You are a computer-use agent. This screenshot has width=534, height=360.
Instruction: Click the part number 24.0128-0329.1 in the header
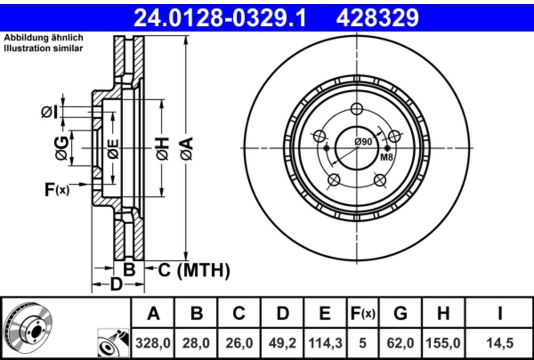[220, 18]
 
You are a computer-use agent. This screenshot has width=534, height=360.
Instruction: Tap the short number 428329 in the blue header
[378, 18]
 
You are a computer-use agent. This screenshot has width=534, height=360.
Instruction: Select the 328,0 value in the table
[153, 343]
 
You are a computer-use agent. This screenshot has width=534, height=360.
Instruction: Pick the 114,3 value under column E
[325, 343]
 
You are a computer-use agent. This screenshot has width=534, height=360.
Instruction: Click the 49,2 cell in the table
[282, 343]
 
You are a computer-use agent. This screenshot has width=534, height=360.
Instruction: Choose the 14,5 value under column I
[500, 343]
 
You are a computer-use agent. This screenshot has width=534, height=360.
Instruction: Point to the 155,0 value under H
[443, 343]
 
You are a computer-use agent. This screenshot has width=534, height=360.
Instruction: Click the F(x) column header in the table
[363, 313]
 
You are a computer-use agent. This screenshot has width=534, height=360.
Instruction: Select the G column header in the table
[400, 313]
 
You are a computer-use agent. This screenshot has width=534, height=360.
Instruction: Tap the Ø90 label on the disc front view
[363, 142]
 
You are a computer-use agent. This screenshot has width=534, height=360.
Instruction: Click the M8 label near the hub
[386, 158]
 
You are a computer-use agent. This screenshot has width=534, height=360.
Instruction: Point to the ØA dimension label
[186, 148]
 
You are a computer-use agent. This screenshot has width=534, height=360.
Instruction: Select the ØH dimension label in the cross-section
[162, 149]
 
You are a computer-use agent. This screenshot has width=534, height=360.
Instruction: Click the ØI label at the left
[49, 112]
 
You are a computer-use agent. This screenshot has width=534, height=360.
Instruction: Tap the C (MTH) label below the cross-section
[194, 271]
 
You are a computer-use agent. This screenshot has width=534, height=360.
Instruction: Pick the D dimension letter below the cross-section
[116, 284]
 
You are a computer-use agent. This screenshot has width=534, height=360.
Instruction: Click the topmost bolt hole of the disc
[357, 109]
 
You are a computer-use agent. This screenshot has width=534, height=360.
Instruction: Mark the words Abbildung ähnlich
[44, 38]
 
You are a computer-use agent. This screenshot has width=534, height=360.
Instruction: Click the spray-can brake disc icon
[113, 342]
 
